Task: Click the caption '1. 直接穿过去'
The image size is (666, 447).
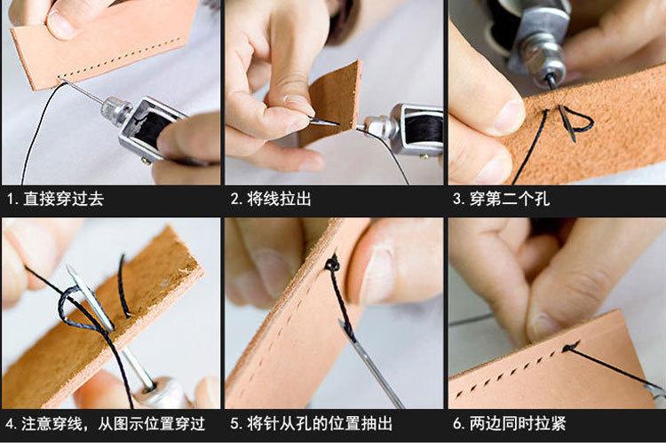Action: click(x=55, y=199)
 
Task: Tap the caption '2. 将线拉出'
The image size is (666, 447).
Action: click(x=271, y=199)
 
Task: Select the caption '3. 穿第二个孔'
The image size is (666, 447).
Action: click(x=501, y=199)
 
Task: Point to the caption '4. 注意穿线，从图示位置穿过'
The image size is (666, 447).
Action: click(x=106, y=424)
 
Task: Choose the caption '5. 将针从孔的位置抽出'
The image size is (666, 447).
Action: click(x=312, y=424)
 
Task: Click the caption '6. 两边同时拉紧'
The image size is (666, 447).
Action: click(x=510, y=424)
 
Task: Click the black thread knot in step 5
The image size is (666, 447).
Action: click(x=332, y=264)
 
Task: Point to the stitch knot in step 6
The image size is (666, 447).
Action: click(x=570, y=347)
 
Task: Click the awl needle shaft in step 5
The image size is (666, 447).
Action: click(x=373, y=365)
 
